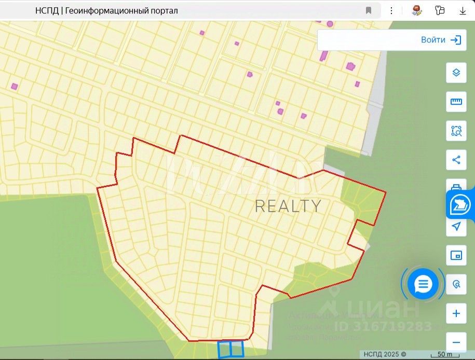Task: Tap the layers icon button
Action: click(456, 73)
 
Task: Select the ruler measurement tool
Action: click(456, 102)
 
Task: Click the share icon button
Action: click(456, 160)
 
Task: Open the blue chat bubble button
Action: click(423, 284)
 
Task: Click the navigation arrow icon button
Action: click(456, 226)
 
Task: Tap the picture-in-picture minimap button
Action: click(456, 255)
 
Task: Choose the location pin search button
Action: click(456, 284)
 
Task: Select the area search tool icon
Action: click(456, 131)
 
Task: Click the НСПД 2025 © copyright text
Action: click(385, 354)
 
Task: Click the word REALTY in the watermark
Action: click(288, 206)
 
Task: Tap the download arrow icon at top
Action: click(463, 10)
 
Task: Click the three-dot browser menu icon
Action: click(392, 10)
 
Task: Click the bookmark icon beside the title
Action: click(369, 10)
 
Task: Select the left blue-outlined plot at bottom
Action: click(224, 349)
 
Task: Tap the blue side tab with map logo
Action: click(461, 204)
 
